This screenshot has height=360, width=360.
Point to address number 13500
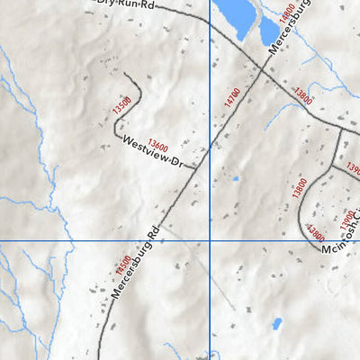[123, 105]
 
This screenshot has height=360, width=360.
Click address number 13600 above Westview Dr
[157, 142]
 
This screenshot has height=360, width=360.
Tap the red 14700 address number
[231, 97]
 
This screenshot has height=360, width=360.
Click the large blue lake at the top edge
[235, 13]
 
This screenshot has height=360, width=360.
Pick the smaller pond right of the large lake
[269, 31]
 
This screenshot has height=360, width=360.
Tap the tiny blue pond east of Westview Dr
[236, 178]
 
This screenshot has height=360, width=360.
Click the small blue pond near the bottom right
[276, 322]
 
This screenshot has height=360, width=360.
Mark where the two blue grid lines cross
[210, 241]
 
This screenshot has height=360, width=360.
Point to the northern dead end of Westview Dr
[123, 75]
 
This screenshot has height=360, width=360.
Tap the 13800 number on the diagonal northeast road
[303, 97]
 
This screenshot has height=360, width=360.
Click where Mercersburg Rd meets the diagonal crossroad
[260, 72]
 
